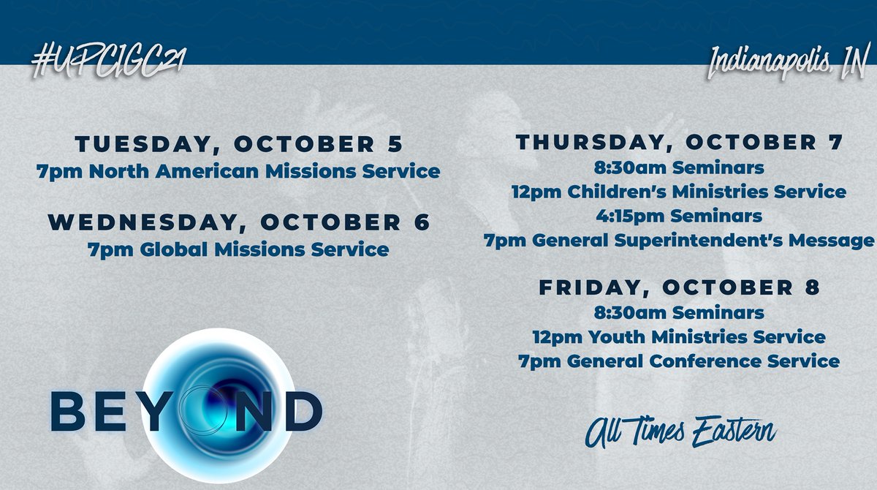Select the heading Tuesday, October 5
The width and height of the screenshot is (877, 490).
pyautogui.click(x=238, y=143)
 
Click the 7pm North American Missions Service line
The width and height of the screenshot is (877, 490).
pyautogui.click(x=238, y=172)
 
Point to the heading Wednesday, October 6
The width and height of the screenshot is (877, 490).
pyautogui.click(x=238, y=222)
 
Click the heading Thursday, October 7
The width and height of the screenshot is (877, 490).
pyautogui.click(x=680, y=143)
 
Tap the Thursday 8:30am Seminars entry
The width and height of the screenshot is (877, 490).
pyautogui.click(x=680, y=168)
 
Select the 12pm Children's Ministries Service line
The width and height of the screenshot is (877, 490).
pyautogui.click(x=680, y=192)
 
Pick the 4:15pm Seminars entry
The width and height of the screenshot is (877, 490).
pyautogui.click(x=680, y=216)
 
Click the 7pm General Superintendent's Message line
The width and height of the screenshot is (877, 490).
pyautogui.click(x=680, y=241)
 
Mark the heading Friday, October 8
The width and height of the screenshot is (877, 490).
pyautogui.click(x=680, y=288)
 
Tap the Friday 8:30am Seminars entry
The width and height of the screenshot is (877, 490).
pyautogui.click(x=680, y=313)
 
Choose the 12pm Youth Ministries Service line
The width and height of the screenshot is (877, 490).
pyautogui.click(x=680, y=337)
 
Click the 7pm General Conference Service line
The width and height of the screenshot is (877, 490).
pyautogui.click(x=680, y=361)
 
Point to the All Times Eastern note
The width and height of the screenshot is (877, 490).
pyautogui.click(x=680, y=431)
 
